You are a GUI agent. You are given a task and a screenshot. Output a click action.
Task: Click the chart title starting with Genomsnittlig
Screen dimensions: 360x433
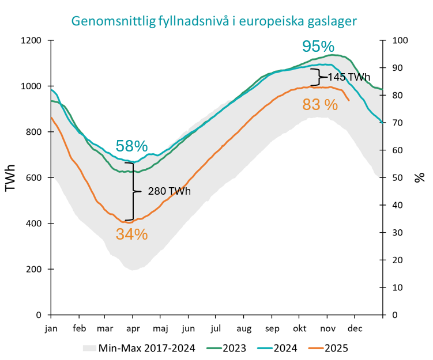click(214, 21)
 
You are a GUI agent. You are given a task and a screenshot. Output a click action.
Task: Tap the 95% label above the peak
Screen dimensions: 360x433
click(319, 46)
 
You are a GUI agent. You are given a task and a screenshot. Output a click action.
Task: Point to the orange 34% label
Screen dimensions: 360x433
click(131, 234)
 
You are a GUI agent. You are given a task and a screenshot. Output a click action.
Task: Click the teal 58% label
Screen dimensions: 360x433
click(131, 146)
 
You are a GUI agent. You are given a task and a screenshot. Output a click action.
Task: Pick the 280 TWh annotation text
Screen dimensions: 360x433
click(170, 191)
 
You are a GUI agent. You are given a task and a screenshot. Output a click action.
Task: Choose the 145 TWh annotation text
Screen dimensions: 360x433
click(349, 77)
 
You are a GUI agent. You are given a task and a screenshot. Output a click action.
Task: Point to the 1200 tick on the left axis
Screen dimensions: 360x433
click(33, 41)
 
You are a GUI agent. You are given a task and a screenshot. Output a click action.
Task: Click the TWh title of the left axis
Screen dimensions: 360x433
click(11, 178)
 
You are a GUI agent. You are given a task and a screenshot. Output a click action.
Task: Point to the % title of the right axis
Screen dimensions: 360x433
click(419, 178)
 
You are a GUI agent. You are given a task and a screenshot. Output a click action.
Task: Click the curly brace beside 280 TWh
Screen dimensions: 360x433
click(134, 191)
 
